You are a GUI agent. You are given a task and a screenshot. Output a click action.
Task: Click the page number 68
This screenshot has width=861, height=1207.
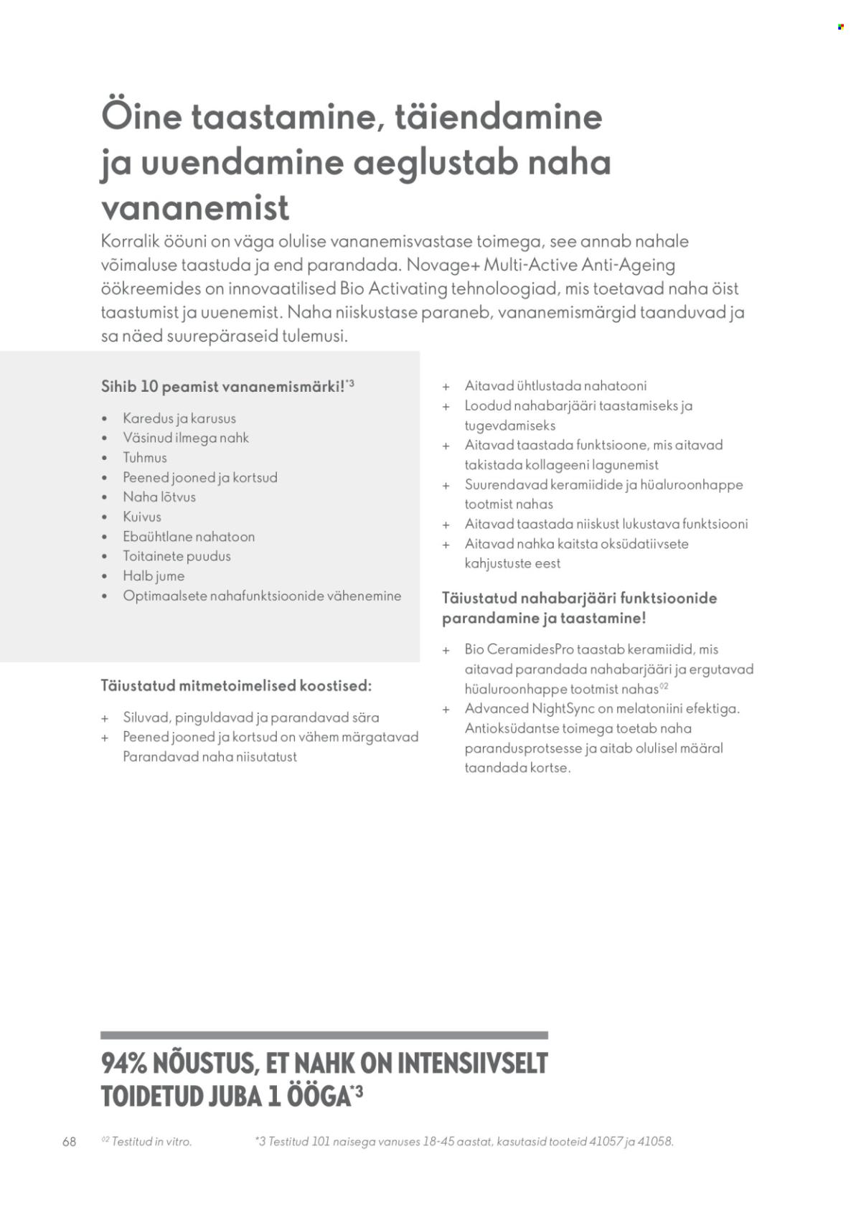pos(70,1142)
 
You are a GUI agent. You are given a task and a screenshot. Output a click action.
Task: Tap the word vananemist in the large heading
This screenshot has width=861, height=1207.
pos(195,208)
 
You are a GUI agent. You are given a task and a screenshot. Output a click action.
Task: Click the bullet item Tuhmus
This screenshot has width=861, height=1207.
pos(145,458)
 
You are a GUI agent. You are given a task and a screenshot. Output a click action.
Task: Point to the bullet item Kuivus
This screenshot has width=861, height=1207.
pos(142,517)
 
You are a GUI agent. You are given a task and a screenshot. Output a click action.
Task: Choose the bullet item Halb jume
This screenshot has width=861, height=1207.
pos(154,576)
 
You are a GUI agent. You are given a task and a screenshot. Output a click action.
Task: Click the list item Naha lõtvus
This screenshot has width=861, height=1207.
pos(159,497)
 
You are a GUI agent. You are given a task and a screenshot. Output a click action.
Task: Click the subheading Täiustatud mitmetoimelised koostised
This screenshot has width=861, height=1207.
pos(237,686)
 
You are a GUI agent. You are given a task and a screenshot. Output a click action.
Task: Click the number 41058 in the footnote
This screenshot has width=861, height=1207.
pos(656,1142)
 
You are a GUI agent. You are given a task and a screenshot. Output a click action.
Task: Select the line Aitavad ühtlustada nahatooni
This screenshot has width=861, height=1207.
pos(555,386)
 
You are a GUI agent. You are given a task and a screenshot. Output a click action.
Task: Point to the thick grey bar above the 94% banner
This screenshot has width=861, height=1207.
pos(324,1035)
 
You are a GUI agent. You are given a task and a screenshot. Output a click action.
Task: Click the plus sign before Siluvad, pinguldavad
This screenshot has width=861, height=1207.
pos(105,718)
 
